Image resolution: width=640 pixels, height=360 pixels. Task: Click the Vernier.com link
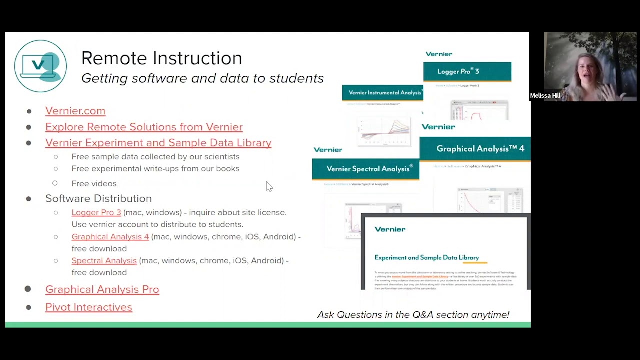75,111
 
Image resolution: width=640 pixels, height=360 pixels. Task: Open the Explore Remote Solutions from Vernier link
144,127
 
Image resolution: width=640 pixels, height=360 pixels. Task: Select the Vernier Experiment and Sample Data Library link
158,143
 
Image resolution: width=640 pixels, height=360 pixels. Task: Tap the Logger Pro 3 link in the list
96,212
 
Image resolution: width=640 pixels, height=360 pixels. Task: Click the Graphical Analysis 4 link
110,237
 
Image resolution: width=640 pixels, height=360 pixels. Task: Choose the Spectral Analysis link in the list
104,261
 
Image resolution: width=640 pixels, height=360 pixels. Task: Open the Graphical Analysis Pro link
102,289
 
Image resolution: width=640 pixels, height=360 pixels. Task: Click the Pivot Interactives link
89,307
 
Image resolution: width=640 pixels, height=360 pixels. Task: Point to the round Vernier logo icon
40,66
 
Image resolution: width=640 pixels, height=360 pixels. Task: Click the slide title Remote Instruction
161,58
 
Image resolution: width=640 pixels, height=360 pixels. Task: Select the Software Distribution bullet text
98,199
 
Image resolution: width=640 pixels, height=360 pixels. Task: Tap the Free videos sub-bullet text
94,184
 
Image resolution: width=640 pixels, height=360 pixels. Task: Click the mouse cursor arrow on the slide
269,186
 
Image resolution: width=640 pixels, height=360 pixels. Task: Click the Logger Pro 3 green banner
467,71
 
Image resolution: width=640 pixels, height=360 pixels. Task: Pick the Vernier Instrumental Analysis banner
382,93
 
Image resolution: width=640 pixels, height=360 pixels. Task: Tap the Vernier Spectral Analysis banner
366,169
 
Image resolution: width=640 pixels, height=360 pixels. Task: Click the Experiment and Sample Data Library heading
426,258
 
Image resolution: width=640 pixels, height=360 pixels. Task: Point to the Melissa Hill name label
545,96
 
